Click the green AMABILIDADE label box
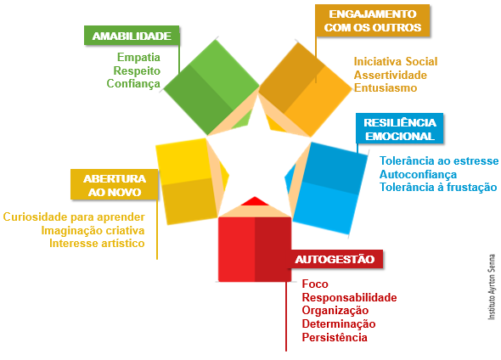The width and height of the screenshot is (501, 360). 132,36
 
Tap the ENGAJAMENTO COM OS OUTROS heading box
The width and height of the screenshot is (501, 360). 372,20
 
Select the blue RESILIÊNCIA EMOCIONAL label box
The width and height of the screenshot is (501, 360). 399,128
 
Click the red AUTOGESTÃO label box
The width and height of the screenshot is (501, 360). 335,259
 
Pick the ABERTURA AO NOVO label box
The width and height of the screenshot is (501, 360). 115,184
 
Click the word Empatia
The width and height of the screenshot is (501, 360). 138,57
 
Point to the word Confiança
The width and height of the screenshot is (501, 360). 133,84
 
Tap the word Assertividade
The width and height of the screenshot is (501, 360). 390,75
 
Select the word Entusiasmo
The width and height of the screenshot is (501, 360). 386,87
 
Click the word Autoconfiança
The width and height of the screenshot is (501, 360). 418,174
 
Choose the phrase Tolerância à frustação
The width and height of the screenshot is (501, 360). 438,187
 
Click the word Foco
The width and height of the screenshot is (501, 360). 315,284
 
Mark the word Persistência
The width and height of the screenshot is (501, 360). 335,337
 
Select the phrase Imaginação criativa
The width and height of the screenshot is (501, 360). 93,230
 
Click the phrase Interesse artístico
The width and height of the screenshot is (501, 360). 97,243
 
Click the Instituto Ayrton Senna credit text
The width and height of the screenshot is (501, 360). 491,287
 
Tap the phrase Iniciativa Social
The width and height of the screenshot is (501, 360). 396,61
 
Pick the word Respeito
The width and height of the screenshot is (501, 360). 137,70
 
